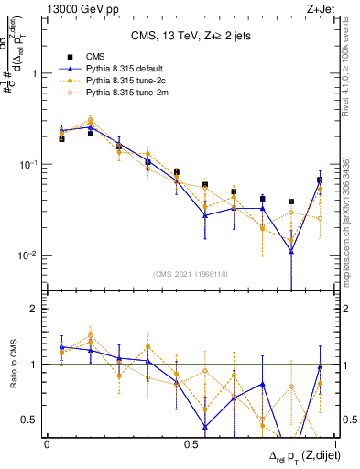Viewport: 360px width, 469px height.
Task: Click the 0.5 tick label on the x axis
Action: coord(191,443)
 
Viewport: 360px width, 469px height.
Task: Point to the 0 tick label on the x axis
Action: coord(47,443)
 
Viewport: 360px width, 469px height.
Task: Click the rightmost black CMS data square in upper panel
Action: coord(320,180)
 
